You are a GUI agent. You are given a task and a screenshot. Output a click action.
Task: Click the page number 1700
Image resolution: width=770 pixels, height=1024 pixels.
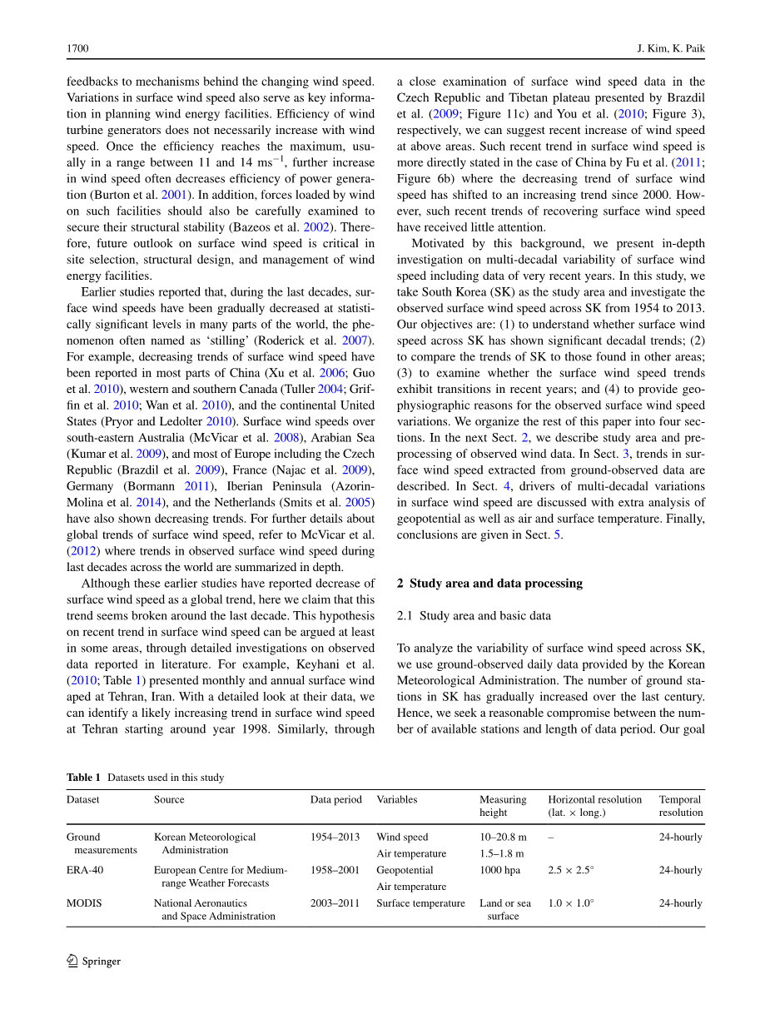[x=77, y=49]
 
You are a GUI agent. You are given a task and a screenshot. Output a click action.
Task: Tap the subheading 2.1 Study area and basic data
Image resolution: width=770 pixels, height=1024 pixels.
[x=474, y=616]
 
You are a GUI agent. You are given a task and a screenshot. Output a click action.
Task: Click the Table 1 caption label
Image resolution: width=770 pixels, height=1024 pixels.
[x=83, y=778]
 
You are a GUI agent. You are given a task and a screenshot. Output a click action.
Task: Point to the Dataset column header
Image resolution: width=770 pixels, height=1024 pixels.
[x=83, y=799]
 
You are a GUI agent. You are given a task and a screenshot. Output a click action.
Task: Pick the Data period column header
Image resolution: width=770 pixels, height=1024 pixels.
[x=336, y=799]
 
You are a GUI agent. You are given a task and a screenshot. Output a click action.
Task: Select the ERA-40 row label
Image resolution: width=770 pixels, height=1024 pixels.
[x=85, y=870]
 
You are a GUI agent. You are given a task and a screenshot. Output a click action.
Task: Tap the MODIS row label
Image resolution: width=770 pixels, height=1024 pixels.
[x=84, y=903]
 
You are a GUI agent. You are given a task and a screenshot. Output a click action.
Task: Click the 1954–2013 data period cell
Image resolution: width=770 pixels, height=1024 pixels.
[x=335, y=838]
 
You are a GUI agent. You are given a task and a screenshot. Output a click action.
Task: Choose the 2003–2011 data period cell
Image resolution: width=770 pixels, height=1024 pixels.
[x=335, y=903]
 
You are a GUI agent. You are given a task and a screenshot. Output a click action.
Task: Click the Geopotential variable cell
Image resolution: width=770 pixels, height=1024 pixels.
[x=405, y=870]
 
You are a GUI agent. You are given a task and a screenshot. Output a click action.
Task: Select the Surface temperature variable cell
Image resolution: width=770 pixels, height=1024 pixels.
[x=420, y=903]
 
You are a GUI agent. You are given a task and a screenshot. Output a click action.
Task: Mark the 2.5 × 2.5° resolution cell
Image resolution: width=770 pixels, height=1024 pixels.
[x=571, y=870]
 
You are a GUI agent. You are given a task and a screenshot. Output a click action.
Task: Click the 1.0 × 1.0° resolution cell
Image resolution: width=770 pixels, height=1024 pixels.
[x=571, y=903]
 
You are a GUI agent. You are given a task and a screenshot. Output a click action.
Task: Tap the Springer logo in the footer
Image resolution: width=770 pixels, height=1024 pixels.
[x=93, y=962]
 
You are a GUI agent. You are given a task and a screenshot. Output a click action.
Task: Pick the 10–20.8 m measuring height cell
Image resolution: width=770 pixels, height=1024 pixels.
[x=503, y=838]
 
